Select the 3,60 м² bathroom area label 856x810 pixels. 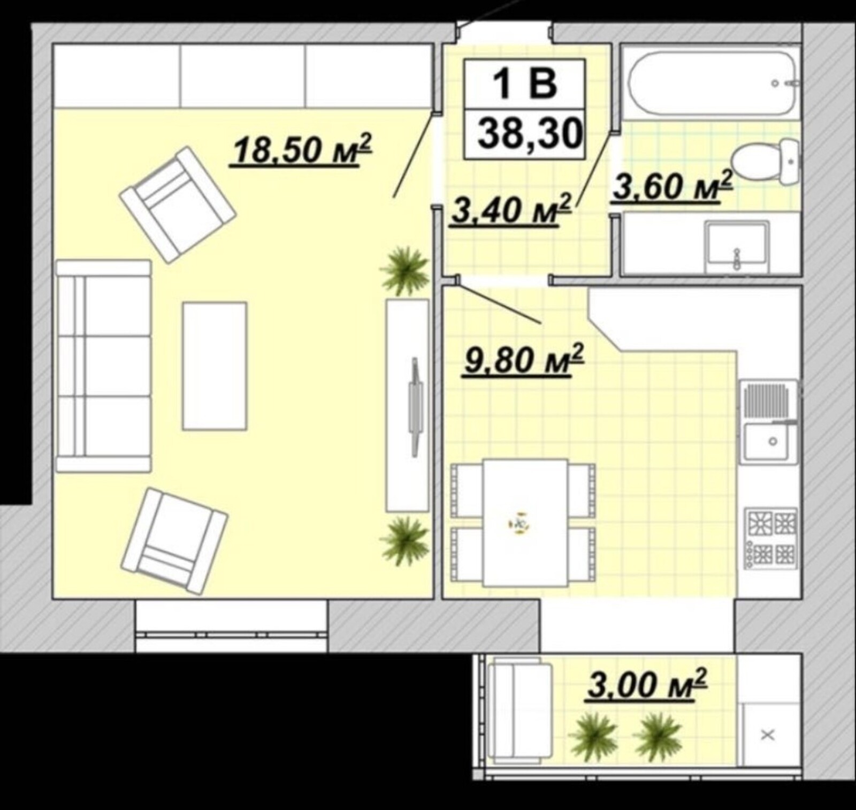(x=672, y=185)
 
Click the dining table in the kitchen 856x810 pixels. (x=524, y=522)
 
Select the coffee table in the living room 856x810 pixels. (x=215, y=366)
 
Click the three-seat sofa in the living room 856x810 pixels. (x=104, y=366)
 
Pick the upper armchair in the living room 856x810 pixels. (x=178, y=205)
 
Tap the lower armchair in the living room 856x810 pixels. (x=174, y=541)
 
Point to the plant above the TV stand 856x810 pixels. (x=404, y=270)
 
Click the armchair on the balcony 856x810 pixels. (x=520, y=709)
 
